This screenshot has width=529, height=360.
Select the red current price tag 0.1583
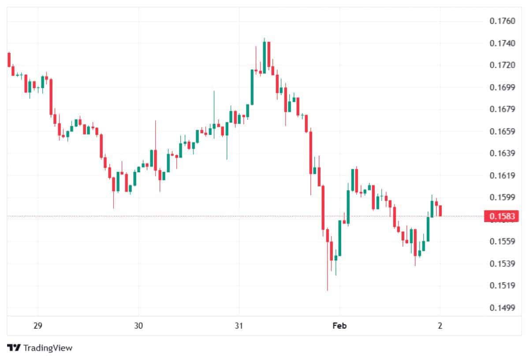pyautogui.click(x=503, y=216)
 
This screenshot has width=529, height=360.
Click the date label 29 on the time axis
pyautogui.click(x=37, y=326)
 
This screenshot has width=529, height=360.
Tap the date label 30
pyautogui.click(x=138, y=326)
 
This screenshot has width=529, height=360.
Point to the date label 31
pyautogui.click(x=238, y=326)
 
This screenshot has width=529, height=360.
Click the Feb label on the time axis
pyautogui.click(x=339, y=326)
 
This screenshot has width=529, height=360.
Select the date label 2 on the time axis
pyautogui.click(x=440, y=326)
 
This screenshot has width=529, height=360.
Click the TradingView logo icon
pyautogui.click(x=15, y=348)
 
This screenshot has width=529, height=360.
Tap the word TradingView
pyautogui.click(x=48, y=348)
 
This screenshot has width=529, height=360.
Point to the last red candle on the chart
pyautogui.click(x=440, y=211)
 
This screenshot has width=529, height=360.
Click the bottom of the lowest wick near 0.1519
pyautogui.click(x=328, y=289)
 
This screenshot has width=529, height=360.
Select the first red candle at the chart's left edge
pyautogui.click(x=9, y=59)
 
